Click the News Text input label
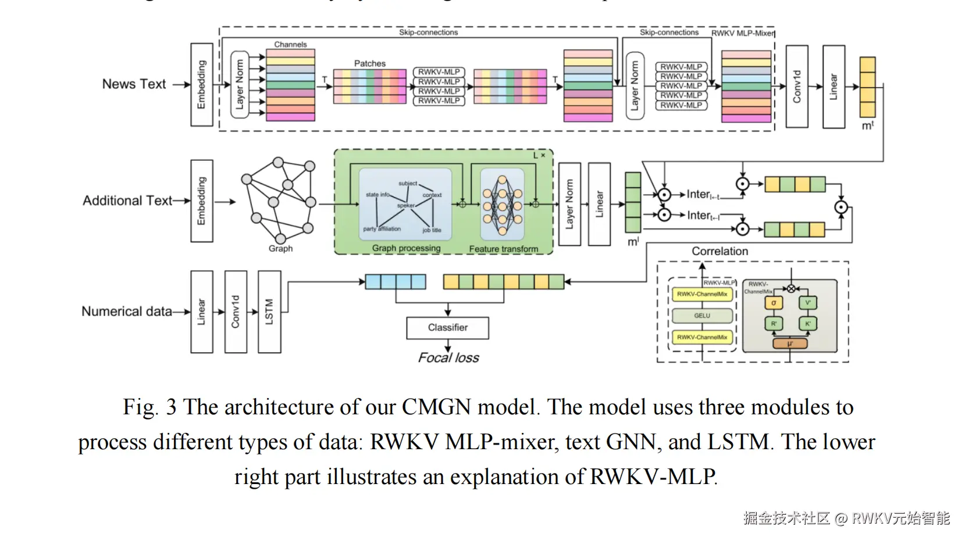tap(134, 84)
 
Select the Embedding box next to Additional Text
tap(202, 201)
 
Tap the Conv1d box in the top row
tap(797, 87)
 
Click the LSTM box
tap(269, 312)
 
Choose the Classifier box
tap(447, 328)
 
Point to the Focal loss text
tap(448, 358)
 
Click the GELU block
tap(702, 316)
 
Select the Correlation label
tap(720, 251)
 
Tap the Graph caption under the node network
tap(280, 249)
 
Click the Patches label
tap(370, 63)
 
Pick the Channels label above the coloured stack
tap(290, 45)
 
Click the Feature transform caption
tap(504, 249)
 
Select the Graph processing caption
tap(406, 248)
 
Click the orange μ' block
tap(790, 343)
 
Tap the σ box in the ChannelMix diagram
tap(774, 303)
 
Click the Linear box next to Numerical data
tap(201, 312)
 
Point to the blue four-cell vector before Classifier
tap(396, 282)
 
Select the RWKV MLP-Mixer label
tap(743, 33)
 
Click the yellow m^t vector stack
tap(867, 87)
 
